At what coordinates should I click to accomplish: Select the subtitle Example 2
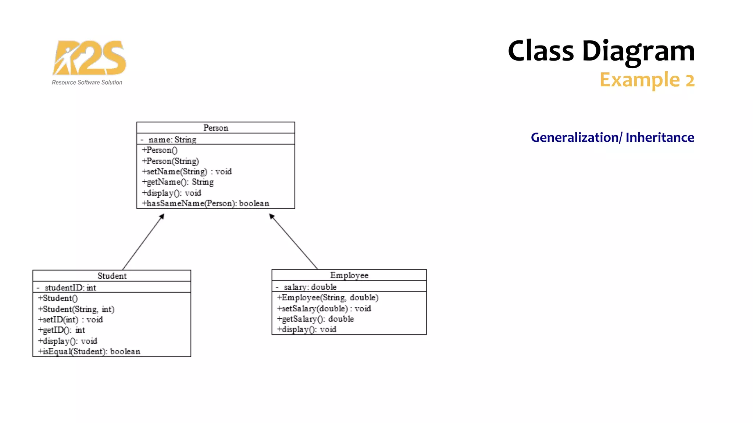click(647, 80)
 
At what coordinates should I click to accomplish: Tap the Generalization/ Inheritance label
click(612, 137)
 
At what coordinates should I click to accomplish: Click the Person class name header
click(216, 128)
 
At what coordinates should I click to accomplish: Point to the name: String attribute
click(172, 140)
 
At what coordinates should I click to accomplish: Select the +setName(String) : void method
click(187, 171)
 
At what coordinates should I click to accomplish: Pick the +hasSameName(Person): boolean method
click(206, 203)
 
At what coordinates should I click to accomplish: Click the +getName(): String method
click(178, 182)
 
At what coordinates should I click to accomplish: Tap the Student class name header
click(112, 276)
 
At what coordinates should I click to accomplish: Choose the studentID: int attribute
click(70, 288)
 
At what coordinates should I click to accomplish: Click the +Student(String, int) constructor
click(76, 309)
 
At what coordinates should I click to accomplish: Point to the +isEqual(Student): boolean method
click(89, 351)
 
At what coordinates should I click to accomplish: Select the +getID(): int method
click(61, 330)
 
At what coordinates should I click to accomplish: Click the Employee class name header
click(349, 275)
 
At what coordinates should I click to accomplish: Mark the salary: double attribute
click(310, 287)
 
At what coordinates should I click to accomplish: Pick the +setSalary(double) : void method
click(324, 308)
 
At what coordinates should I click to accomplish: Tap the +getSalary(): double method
click(315, 319)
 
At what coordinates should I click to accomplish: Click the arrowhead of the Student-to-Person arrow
click(162, 216)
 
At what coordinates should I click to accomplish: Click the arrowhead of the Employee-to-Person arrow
click(271, 216)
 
